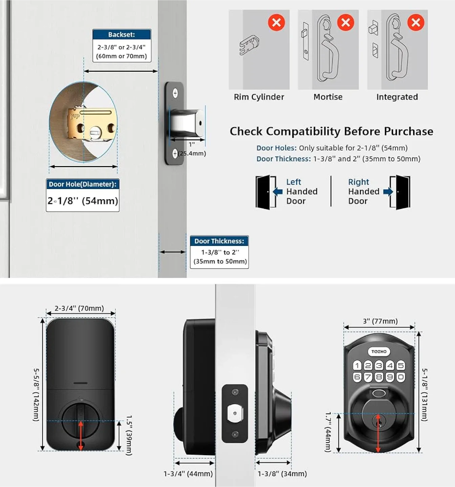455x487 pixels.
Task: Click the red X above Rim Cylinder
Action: point(276,23)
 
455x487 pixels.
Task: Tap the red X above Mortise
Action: point(346,23)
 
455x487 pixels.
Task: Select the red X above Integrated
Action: point(416,23)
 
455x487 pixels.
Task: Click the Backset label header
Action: point(122,34)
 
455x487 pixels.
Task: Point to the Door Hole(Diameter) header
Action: point(83,184)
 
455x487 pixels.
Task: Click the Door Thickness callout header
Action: point(219,241)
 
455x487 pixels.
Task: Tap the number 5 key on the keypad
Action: point(401,365)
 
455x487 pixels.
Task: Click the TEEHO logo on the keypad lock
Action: point(379,351)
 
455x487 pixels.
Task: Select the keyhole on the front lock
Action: point(378,421)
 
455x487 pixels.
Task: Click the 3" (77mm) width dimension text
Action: point(380,321)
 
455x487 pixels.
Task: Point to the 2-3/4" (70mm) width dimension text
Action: point(79,308)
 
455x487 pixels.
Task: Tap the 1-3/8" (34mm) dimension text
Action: point(282,474)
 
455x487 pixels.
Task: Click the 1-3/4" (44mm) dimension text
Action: point(188,474)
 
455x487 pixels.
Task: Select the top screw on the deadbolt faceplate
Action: point(175,93)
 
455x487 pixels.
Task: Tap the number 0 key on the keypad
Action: point(401,377)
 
